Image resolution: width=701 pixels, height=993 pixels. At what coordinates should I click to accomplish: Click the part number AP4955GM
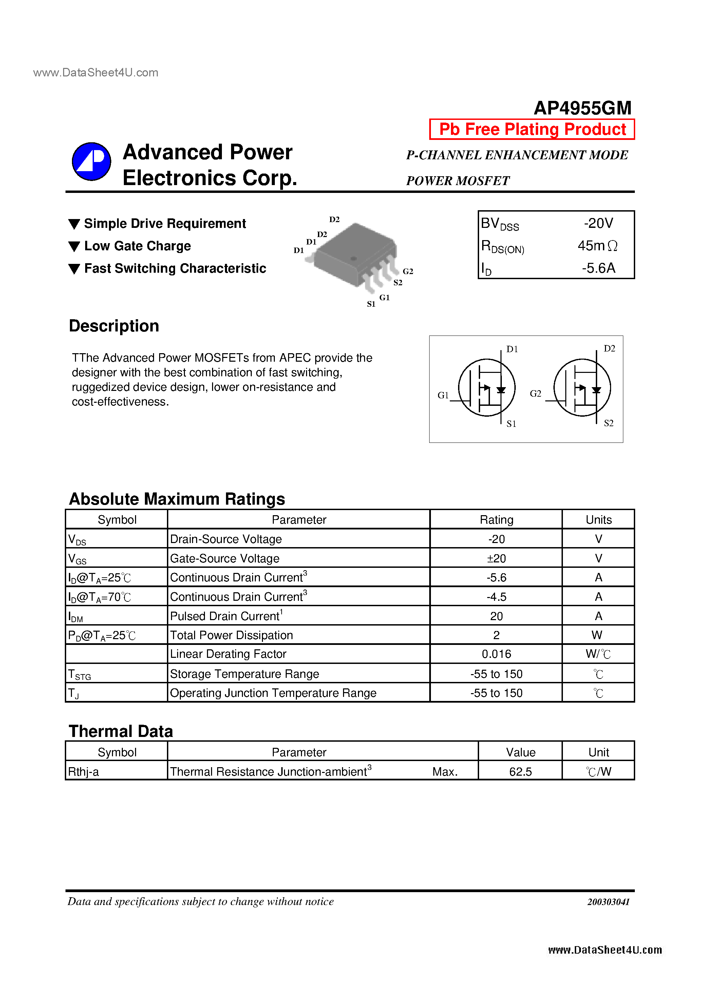point(582,108)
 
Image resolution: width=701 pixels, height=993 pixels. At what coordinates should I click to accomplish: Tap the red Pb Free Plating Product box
point(532,129)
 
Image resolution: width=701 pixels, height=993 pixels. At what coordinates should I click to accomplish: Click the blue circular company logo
point(91,161)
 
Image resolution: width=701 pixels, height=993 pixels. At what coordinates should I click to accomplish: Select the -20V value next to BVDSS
point(598,223)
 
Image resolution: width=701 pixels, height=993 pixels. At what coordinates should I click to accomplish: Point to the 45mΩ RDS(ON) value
point(597,246)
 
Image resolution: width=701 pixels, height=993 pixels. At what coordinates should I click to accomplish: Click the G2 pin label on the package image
point(408,271)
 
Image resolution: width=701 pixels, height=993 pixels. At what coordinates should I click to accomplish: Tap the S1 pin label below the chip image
point(371,304)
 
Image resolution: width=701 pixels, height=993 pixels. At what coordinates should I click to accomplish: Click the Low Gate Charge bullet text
point(137,246)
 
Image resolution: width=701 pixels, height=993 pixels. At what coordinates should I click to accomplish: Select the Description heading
point(114,326)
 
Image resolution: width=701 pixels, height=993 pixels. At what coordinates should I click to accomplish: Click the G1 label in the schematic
point(443,395)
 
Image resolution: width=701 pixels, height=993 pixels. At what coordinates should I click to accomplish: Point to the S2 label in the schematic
point(608,423)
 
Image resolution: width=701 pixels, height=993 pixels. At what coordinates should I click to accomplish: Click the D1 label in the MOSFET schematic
point(512,349)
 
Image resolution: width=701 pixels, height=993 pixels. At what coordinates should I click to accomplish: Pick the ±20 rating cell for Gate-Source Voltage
point(496,558)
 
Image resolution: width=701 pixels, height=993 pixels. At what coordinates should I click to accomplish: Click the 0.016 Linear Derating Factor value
point(496,654)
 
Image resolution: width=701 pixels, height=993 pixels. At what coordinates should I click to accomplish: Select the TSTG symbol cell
point(80,674)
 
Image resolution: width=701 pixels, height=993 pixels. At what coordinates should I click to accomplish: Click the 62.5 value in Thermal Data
point(520,772)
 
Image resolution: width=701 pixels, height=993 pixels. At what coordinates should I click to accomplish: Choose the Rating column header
point(496,519)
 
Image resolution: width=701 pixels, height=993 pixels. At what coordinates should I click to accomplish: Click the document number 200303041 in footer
point(608,902)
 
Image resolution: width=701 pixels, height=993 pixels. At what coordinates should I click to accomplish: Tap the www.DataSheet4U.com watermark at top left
point(95,73)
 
